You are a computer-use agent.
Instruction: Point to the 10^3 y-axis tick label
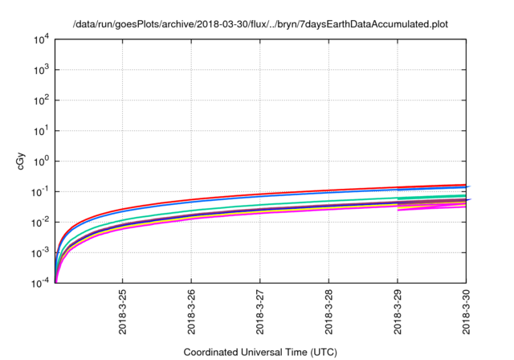(41, 70)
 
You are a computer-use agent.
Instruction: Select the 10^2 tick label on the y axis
(41, 100)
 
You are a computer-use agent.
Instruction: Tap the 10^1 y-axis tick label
(41, 131)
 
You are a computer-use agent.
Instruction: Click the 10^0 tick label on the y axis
(41, 162)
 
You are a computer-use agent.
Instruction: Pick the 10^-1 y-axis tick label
(41, 192)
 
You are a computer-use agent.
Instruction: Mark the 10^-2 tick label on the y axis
(41, 223)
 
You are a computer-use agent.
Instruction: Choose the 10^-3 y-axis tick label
(41, 253)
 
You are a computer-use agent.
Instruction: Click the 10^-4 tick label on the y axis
(41, 284)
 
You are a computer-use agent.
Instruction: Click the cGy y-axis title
(21, 162)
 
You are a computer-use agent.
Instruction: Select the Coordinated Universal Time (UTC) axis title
(260, 352)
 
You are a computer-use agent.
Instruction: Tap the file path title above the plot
(260, 24)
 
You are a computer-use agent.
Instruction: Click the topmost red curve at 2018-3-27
(260, 194)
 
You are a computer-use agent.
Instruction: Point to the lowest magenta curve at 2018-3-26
(191, 219)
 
